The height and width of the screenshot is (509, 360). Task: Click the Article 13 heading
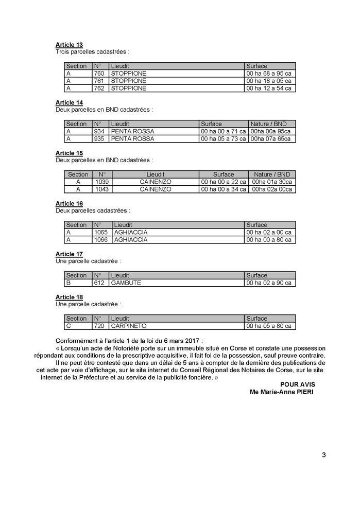69,45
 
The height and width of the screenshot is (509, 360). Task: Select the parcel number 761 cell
99,81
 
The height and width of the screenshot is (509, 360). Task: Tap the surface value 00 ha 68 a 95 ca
269,74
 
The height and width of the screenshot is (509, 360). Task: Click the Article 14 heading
69,103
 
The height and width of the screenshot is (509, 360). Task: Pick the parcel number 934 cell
99,131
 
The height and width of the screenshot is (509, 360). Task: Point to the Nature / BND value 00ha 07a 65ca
271,139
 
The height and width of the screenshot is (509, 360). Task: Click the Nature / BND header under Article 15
272,174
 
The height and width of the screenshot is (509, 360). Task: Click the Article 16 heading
69,204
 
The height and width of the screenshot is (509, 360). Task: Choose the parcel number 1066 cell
101,239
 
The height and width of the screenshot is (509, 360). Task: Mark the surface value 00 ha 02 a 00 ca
269,232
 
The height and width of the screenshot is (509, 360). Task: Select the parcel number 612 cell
99,283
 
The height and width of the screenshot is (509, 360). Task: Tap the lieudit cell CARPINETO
129,326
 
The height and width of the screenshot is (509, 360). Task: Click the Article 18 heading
69,297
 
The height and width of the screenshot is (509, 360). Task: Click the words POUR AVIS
297,384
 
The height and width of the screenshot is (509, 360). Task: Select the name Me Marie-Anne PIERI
281,392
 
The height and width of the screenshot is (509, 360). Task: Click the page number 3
323,454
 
